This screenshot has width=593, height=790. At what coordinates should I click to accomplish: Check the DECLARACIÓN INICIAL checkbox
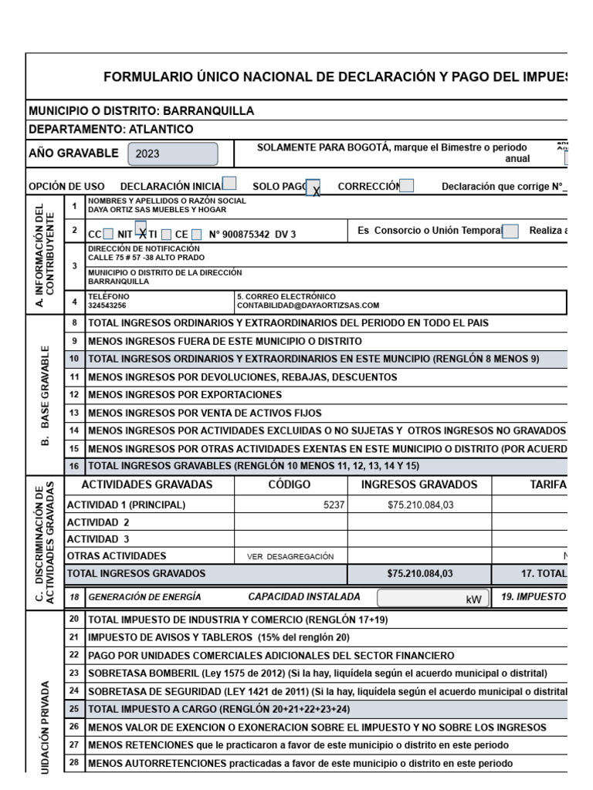(x=229, y=184)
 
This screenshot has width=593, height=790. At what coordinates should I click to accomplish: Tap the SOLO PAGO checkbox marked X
(x=313, y=187)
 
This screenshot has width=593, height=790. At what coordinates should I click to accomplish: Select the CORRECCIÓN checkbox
(x=406, y=185)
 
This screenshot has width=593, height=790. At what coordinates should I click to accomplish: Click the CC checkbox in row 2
(x=108, y=234)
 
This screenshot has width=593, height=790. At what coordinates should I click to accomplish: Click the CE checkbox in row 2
(x=197, y=234)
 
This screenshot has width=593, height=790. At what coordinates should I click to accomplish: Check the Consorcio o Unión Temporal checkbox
(x=510, y=231)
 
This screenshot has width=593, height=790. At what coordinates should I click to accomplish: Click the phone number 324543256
(x=107, y=306)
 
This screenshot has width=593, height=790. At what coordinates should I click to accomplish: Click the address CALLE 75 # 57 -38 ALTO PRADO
(x=147, y=258)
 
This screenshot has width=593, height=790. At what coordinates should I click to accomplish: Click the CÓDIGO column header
(x=290, y=484)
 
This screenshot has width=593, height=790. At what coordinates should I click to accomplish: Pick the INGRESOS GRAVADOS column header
(x=419, y=484)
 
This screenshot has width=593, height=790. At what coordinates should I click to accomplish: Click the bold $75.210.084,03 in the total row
(x=419, y=573)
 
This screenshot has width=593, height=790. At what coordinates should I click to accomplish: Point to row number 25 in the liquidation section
(x=74, y=707)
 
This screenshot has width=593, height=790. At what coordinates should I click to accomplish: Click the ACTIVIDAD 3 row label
(x=98, y=539)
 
